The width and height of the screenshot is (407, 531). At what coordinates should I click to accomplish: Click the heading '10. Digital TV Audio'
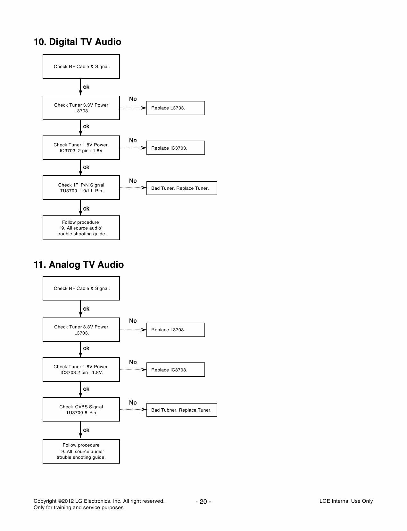pyautogui.click(x=78, y=42)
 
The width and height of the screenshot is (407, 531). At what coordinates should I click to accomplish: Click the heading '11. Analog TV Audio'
pyautogui.click(x=79, y=265)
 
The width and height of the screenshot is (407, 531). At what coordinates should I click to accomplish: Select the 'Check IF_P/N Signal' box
pyautogui.click(x=81, y=187)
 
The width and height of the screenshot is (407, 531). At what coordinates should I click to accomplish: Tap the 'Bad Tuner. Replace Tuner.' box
pyautogui.click(x=181, y=188)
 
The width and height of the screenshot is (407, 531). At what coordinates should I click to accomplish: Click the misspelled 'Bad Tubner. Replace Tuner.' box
pyautogui.click(x=181, y=410)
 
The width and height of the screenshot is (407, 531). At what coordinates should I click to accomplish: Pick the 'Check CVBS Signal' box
pyautogui.click(x=81, y=409)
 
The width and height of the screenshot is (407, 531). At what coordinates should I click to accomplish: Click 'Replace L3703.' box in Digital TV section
pyautogui.click(x=175, y=108)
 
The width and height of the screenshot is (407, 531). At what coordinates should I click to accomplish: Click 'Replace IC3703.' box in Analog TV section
pyautogui.click(x=175, y=370)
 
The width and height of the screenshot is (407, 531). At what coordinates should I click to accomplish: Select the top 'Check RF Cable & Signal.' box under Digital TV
pyautogui.click(x=81, y=66)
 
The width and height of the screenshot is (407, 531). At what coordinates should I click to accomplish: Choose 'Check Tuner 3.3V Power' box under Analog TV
pyautogui.click(x=81, y=330)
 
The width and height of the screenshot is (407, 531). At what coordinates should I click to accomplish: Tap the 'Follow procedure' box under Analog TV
pyautogui.click(x=81, y=451)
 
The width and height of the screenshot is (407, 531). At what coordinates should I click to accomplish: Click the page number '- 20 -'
pyautogui.click(x=203, y=501)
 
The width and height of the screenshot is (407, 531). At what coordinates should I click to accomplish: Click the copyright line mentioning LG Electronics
pyautogui.click(x=99, y=501)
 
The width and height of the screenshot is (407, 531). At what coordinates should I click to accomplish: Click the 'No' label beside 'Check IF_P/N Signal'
pyautogui.click(x=133, y=181)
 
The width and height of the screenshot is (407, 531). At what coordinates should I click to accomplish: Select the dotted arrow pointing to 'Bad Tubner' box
pyautogui.click(x=133, y=410)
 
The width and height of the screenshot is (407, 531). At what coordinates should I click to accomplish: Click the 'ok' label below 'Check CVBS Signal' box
pyautogui.click(x=86, y=430)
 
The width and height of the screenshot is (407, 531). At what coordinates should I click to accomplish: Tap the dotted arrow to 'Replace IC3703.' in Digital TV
pyautogui.click(x=133, y=148)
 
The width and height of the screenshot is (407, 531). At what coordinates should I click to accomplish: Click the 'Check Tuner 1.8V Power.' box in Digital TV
pyautogui.click(x=81, y=148)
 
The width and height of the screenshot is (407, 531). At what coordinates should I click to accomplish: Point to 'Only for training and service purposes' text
pyautogui.click(x=78, y=508)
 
